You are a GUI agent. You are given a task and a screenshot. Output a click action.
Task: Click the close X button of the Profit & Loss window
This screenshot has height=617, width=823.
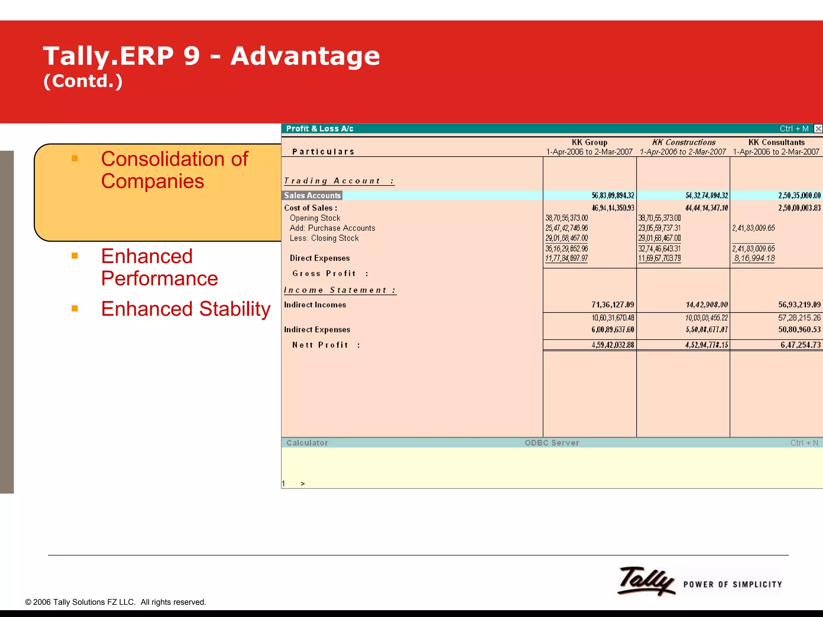coord(818,129)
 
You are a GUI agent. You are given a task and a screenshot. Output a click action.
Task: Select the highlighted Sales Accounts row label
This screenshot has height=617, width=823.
coord(312,196)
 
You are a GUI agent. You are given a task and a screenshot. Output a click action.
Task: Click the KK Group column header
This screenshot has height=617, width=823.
coord(589,143)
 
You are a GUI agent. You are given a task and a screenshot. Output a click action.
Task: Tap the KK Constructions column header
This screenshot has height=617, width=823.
coord(683,143)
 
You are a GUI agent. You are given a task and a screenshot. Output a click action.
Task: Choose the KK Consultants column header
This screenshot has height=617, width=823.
coord(776,143)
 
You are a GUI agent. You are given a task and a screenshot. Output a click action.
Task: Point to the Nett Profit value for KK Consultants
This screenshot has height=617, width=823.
coord(800,345)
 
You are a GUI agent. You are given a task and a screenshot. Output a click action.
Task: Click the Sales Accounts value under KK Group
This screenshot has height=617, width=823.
coord(612,196)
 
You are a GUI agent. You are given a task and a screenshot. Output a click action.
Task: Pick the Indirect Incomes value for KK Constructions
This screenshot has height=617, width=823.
coord(706,305)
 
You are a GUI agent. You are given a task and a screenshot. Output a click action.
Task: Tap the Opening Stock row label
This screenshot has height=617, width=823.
coord(315,218)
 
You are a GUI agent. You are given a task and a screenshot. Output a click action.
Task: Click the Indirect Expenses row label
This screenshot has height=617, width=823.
coord(317,330)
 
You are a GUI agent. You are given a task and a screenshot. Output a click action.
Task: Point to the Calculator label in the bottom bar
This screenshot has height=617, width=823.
coord(307,443)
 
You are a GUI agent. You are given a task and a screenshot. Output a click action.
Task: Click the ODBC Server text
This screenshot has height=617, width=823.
coord(552,443)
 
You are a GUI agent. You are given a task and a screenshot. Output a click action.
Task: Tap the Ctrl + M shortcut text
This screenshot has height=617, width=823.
coord(794,129)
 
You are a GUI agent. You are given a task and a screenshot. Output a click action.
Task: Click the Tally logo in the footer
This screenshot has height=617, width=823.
coord(646,581)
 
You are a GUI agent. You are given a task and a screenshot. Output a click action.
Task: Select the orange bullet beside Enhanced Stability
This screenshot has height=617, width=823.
coord(75,308)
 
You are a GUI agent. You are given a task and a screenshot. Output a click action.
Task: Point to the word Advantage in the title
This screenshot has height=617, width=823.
coord(305,56)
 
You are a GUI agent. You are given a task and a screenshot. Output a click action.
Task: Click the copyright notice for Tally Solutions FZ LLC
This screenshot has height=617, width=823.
coord(115,602)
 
